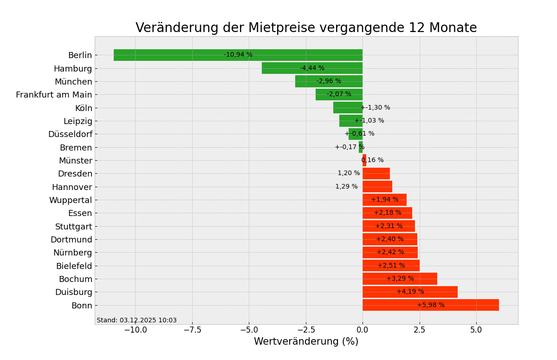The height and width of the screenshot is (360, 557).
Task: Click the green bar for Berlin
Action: [186, 55]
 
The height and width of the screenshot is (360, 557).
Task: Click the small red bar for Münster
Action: [364, 160]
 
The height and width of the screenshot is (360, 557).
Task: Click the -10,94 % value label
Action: [238, 55]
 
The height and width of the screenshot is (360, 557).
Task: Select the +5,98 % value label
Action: [431, 305]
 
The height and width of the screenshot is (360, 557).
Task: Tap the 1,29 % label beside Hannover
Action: [346, 187]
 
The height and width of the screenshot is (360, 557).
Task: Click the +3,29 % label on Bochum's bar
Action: [400, 279]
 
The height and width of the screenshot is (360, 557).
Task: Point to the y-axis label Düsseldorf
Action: [70, 134]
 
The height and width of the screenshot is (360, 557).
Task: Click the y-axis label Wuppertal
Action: [71, 200]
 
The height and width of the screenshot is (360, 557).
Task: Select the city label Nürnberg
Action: [72, 253]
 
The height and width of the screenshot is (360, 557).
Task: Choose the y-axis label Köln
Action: [84, 108]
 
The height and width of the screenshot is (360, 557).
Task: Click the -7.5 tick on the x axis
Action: [192, 330]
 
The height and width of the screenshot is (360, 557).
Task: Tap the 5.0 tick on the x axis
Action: [476, 330]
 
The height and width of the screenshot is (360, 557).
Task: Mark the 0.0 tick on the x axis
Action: [363, 330]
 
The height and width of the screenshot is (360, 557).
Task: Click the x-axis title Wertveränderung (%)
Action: [306, 342]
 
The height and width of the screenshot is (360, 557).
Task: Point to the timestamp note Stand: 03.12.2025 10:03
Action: [136, 320]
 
